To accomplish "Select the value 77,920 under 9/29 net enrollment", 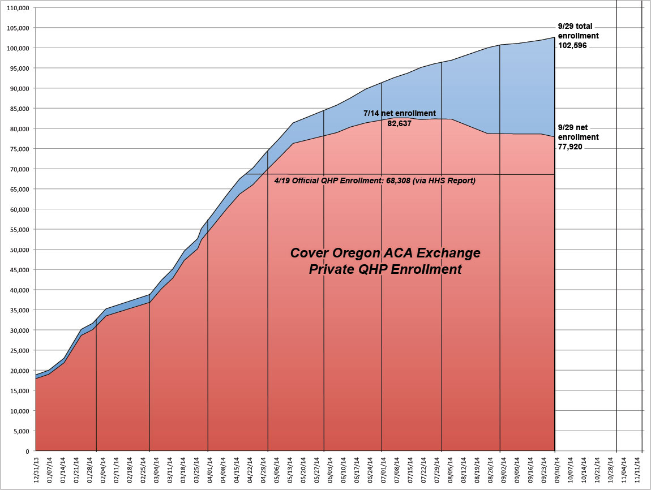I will pyautogui.click(x=570, y=147).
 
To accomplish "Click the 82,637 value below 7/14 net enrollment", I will pyautogui.click(x=400, y=123).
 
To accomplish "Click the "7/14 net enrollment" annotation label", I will pyautogui.click(x=399, y=114).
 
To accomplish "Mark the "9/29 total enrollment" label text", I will pyautogui.click(x=578, y=32).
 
